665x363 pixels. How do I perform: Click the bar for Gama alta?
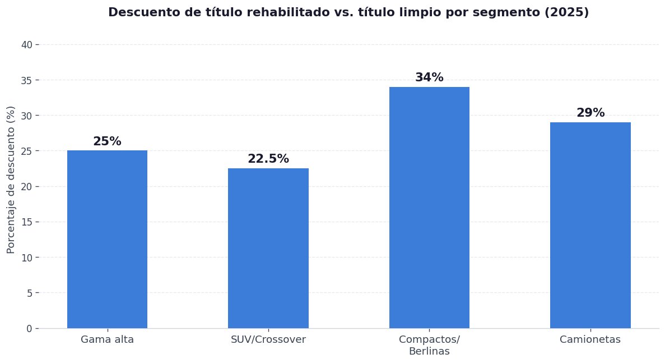point(107,239)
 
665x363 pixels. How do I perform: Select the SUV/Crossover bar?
point(268,248)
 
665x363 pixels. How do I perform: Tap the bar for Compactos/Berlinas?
point(429,208)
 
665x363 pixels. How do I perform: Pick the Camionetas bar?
point(590,225)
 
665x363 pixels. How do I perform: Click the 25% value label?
point(107,142)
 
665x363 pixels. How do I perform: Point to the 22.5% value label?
point(268,159)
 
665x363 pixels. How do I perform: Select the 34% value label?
point(429,78)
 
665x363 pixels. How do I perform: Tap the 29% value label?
point(590,113)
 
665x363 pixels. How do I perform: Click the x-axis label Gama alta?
point(107,339)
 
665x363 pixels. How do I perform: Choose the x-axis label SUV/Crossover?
point(268,339)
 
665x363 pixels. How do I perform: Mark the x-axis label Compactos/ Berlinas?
point(429,346)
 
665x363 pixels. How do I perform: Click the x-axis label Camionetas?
point(590,339)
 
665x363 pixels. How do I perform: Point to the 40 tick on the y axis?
point(27,45)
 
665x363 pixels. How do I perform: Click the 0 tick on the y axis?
point(29,328)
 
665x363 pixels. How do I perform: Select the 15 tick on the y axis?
point(27,222)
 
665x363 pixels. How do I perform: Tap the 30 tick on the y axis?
point(27,116)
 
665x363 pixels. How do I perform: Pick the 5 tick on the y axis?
point(29,293)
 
